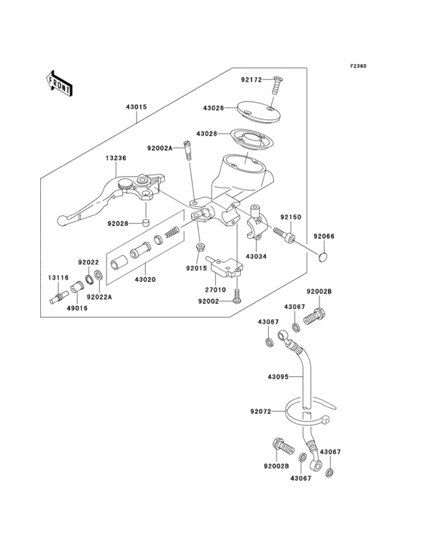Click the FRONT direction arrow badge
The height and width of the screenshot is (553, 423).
point(60,82)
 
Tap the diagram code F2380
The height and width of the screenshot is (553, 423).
point(357,66)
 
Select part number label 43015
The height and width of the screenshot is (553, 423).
point(136,107)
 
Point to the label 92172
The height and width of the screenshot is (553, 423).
point(252,79)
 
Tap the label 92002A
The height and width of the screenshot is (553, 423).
point(160,149)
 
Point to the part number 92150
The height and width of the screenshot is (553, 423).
point(291,217)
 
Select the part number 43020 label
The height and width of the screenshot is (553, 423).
point(145,279)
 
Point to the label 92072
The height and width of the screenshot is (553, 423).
point(261,412)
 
